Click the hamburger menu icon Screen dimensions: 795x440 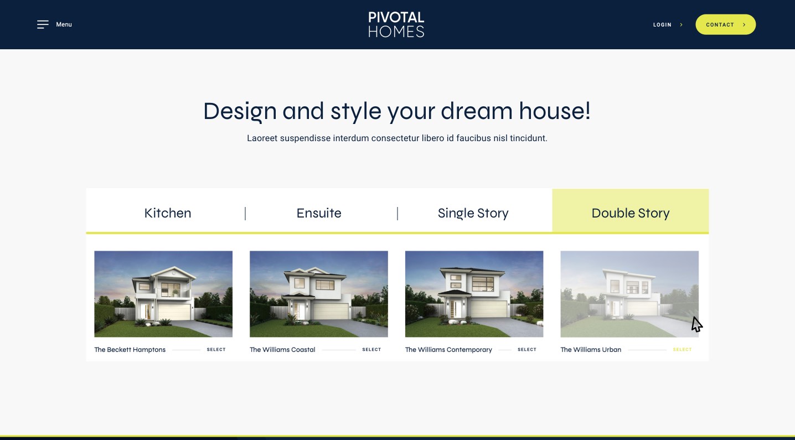click(x=43, y=24)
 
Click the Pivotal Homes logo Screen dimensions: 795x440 click(x=396, y=24)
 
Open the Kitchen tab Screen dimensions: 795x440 click(x=168, y=213)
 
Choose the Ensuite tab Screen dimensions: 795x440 click(x=319, y=213)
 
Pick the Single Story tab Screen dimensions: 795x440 click(x=473, y=213)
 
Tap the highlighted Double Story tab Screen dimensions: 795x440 click(x=631, y=213)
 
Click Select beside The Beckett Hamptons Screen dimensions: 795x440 click(x=216, y=350)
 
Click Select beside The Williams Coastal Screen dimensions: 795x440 click(x=371, y=350)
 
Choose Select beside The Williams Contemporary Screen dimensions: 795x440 click(x=527, y=350)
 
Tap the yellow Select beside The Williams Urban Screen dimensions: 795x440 click(x=682, y=350)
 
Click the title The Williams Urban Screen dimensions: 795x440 click(x=591, y=350)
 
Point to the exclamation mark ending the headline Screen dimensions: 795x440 click(x=588, y=111)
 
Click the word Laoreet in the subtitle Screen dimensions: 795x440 click(x=262, y=138)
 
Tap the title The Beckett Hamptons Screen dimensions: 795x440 click(x=130, y=350)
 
